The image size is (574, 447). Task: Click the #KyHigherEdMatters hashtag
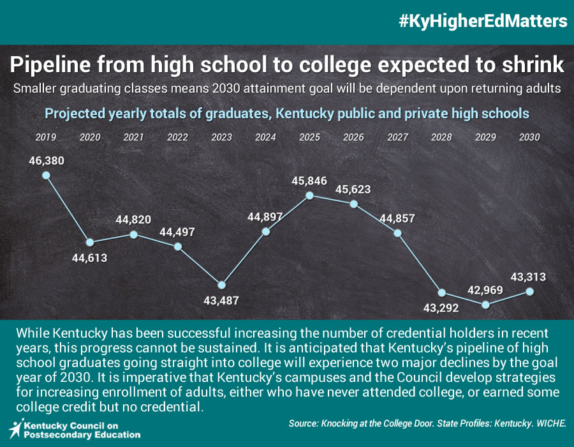(483, 21)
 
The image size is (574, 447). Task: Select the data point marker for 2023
(221, 285)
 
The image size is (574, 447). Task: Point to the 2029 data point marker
(486, 305)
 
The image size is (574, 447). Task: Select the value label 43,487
(221, 301)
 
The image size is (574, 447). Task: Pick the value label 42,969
(485, 289)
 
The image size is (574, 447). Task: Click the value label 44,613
(89, 258)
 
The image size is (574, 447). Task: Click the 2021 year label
(133, 137)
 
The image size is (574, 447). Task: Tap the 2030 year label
(529, 137)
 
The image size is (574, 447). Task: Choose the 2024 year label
(265, 137)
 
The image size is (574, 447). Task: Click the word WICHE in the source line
(550, 423)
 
